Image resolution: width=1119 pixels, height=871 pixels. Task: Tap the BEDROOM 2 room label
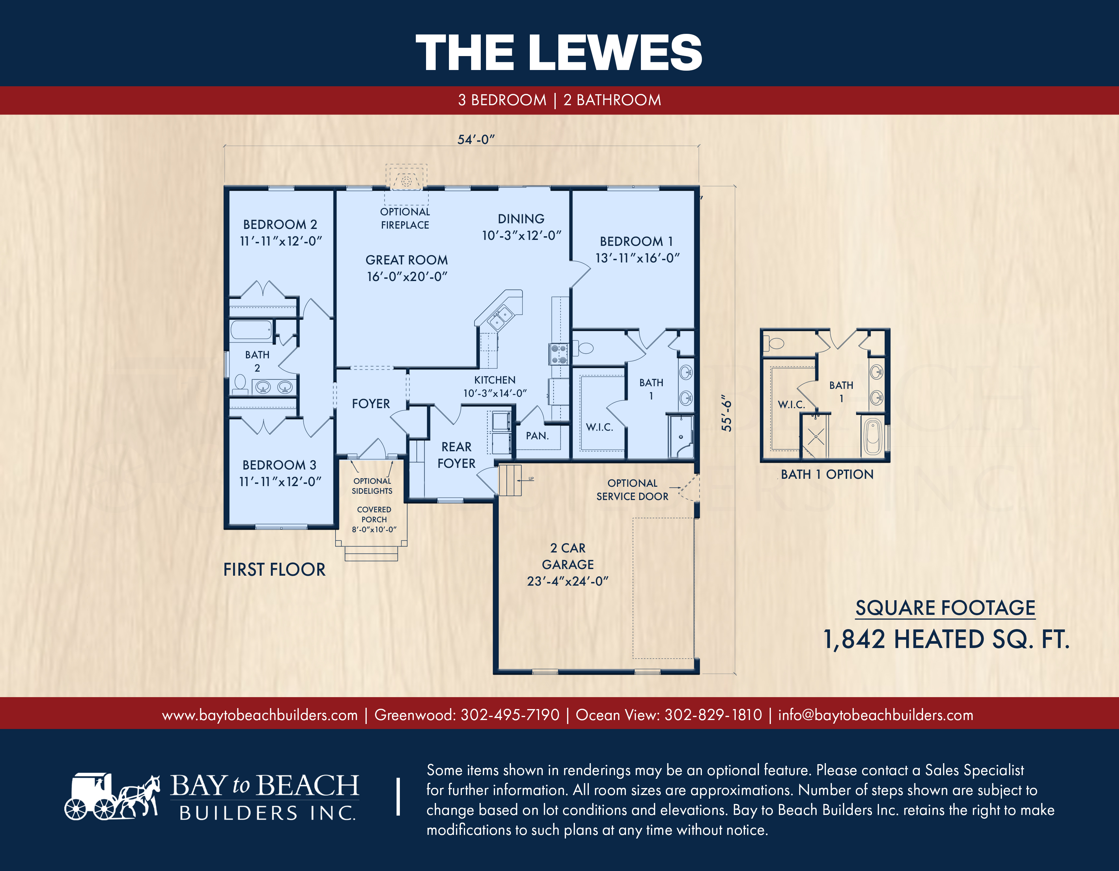280,225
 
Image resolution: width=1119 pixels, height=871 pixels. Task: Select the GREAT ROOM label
406,260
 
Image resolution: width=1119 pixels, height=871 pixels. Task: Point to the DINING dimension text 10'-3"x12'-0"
522,235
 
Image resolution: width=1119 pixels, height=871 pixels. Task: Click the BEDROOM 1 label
636,242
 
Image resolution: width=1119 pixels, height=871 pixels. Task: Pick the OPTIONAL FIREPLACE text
405,218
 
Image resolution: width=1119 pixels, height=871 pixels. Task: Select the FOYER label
371,404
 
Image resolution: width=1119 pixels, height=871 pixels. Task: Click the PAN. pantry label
537,436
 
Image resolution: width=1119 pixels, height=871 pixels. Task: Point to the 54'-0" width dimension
476,139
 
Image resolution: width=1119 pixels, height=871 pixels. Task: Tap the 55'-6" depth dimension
726,413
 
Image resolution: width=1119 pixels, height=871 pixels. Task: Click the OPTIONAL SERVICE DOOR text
632,490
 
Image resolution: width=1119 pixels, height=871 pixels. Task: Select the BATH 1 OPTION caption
827,474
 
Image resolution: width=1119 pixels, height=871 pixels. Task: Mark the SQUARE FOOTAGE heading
945,608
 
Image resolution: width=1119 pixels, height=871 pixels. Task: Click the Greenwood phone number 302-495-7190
510,715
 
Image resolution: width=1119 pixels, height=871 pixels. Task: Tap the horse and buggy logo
112,796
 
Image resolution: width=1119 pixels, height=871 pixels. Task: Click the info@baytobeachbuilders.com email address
876,715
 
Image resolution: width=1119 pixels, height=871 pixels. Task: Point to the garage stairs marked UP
510,480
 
